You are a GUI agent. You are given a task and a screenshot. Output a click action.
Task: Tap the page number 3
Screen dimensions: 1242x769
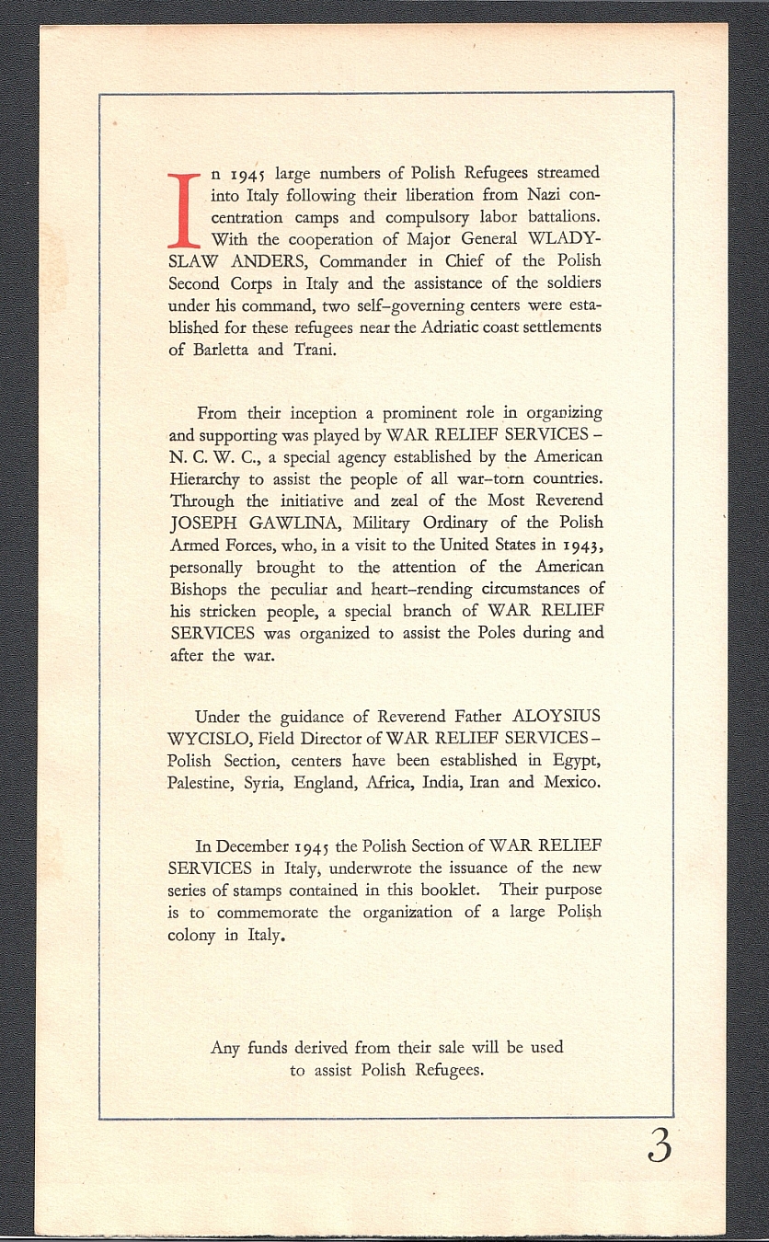pos(659,1145)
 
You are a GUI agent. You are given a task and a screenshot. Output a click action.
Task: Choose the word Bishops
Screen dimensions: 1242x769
pos(200,589)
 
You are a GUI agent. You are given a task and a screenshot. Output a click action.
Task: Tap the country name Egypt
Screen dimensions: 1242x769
pos(577,761)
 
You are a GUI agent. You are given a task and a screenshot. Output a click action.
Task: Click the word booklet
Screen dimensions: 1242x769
pos(457,891)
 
